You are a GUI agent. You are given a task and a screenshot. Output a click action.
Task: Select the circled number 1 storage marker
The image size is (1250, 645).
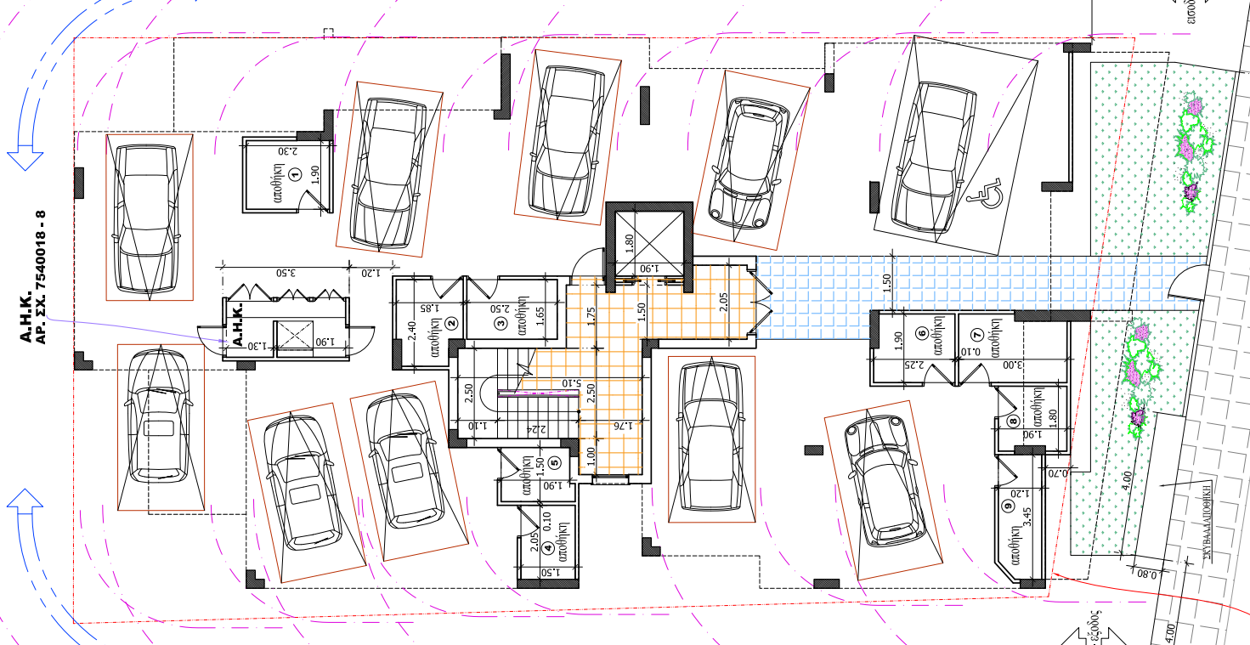(296, 175)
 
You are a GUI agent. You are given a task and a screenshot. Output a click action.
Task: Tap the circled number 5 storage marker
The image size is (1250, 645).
(553, 463)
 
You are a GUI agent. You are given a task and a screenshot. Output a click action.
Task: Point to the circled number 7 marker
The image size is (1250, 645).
(976, 334)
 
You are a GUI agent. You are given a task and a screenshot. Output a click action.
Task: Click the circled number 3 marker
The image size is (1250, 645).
(501, 322)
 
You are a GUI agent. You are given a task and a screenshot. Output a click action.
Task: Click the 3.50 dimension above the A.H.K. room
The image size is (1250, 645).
(286, 273)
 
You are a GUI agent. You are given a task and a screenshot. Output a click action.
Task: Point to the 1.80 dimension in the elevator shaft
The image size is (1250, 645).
(629, 241)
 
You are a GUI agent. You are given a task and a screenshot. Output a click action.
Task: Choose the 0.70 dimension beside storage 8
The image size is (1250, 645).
(1059, 472)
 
